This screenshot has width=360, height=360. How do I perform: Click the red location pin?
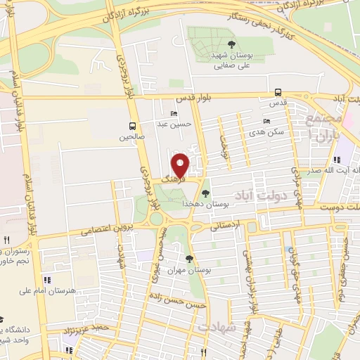(x=181, y=165)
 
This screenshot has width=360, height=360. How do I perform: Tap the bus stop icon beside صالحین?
(x=132, y=127)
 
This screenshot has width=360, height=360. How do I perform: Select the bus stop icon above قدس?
(x=278, y=92)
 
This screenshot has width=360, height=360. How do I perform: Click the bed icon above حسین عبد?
(x=174, y=114)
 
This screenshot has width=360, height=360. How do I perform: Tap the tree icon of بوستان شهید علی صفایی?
(x=222, y=44)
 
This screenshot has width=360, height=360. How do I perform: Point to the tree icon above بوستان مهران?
(x=189, y=259)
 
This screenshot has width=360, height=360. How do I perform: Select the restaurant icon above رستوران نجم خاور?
(x=7, y=240)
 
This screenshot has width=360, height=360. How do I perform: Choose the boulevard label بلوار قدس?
(x=189, y=98)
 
